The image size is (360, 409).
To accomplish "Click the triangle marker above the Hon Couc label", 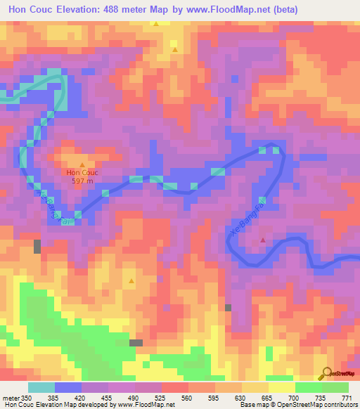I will click(x=82, y=164).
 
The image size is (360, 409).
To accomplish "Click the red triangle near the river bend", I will click(x=263, y=240).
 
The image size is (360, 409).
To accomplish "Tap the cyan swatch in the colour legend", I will click(x=41, y=387).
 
